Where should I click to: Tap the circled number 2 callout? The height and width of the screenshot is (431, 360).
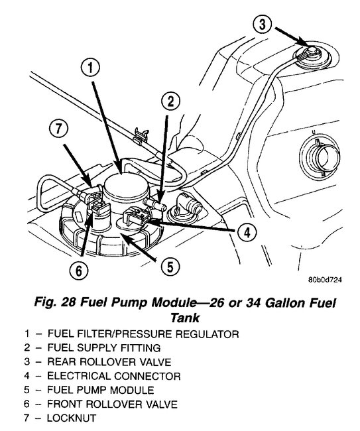[x=171, y=101]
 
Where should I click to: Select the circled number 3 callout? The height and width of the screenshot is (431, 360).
[x=263, y=26]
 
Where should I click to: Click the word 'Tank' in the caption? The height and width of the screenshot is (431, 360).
[x=180, y=318]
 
